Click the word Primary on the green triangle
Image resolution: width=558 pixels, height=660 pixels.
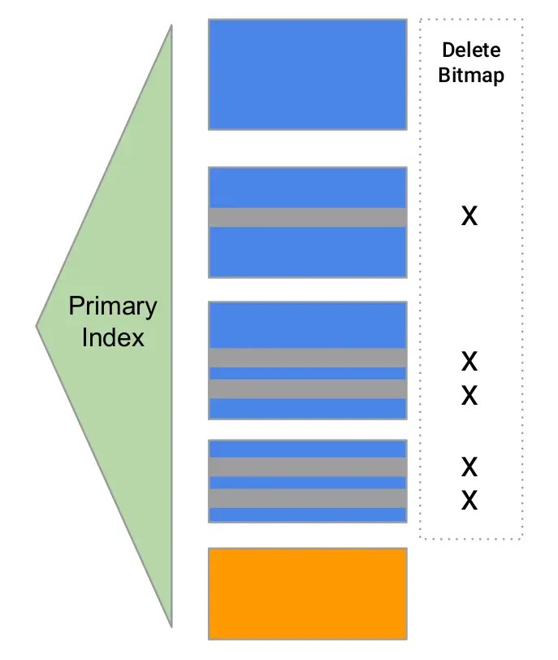(x=112, y=307)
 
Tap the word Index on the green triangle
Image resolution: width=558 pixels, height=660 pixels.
(x=112, y=337)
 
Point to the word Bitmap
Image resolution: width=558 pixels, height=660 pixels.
(x=471, y=76)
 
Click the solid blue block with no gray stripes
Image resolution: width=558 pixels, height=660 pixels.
(x=307, y=74)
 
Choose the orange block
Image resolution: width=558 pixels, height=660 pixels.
(x=307, y=593)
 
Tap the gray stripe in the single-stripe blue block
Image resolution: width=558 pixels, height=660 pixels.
(x=307, y=217)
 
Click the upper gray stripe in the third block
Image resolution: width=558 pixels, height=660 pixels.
(x=307, y=358)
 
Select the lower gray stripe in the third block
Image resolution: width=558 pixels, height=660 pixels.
(x=307, y=389)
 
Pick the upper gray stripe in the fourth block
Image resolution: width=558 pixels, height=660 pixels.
(x=307, y=467)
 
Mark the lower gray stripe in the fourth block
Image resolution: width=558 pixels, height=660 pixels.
(x=307, y=497)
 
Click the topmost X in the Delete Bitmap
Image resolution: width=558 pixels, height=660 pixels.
(x=469, y=217)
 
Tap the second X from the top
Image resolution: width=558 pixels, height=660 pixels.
(x=469, y=360)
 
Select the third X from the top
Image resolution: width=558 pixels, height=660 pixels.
(x=469, y=396)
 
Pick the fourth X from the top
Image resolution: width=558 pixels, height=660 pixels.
(x=469, y=467)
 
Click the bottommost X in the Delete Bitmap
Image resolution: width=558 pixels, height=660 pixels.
(x=469, y=501)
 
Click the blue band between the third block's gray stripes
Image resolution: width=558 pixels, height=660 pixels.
(x=307, y=373)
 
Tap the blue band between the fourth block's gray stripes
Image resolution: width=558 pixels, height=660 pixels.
(x=307, y=482)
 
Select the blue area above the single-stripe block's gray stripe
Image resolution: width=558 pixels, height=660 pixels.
(x=307, y=187)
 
